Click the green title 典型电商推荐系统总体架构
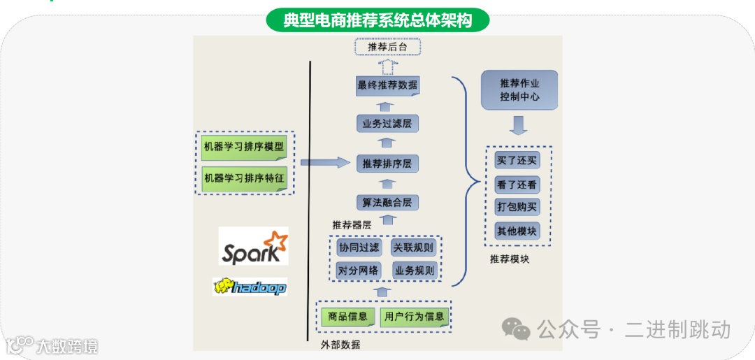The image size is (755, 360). [x=377, y=20]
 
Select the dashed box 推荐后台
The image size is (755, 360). [x=387, y=47]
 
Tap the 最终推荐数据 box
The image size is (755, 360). [x=387, y=86]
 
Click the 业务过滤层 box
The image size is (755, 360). [x=387, y=124]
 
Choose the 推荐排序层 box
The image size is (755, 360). [x=387, y=164]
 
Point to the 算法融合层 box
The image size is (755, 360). [x=387, y=203]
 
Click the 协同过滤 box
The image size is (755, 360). [x=359, y=247]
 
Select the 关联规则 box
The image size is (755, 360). [x=414, y=247]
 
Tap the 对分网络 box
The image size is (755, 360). [x=359, y=271]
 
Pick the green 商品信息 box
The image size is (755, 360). [x=347, y=317]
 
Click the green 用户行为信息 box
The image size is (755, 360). [x=415, y=317]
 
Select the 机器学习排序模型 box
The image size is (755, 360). [x=244, y=147]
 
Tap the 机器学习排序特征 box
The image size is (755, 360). [x=244, y=178]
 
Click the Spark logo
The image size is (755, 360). [x=253, y=246]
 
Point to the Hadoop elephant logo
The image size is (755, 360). [x=250, y=287]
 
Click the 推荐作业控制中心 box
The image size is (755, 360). [x=519, y=90]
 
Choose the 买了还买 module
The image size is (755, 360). [x=517, y=160]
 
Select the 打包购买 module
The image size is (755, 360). [x=517, y=207]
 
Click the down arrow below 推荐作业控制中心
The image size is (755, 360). [x=519, y=126]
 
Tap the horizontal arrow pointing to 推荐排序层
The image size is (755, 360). [x=324, y=163]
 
